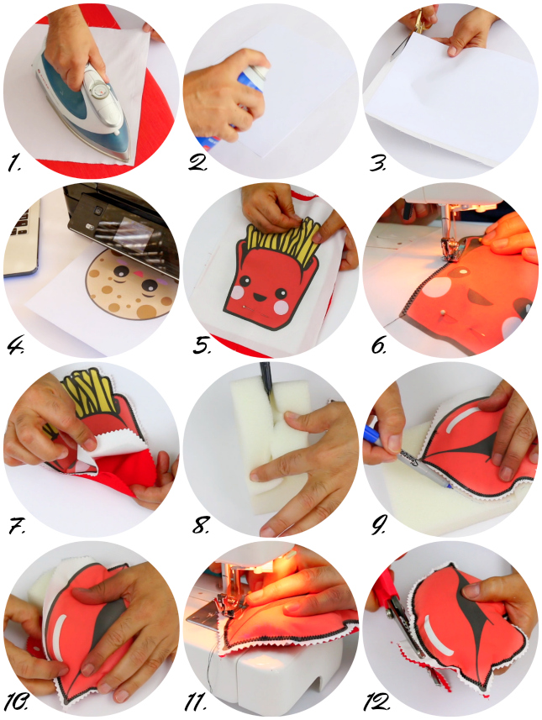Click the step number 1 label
(x=13, y=164)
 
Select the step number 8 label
(x=201, y=525)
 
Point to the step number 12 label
(x=376, y=702)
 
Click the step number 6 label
(x=378, y=346)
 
